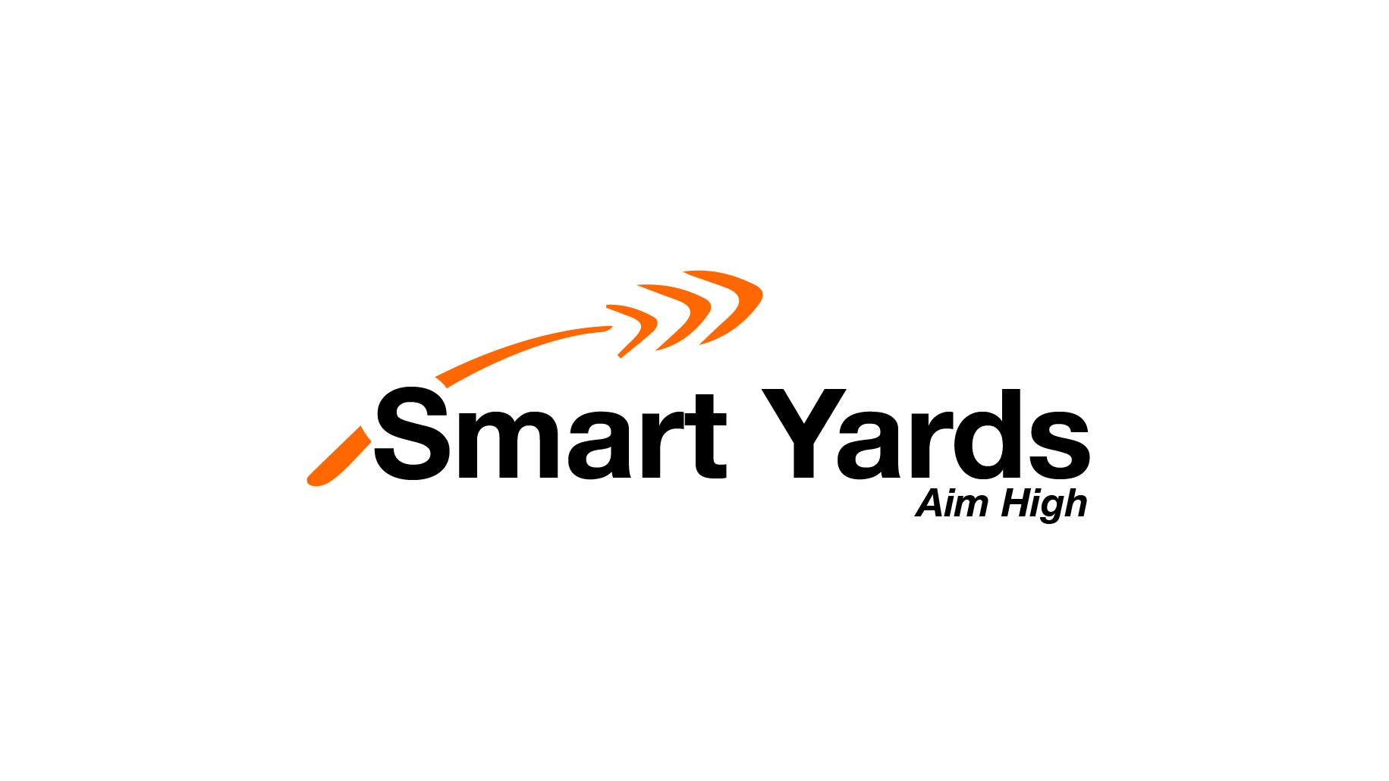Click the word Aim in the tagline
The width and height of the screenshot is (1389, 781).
(953, 503)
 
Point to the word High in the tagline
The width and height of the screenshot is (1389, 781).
(1045, 505)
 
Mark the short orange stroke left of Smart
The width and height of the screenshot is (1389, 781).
(339, 456)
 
